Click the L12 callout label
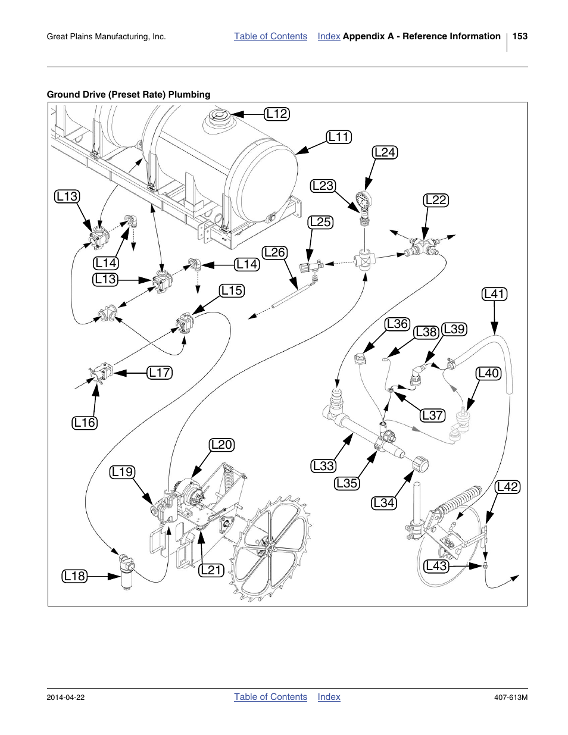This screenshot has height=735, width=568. tap(277, 114)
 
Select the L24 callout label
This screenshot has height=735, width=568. tap(385, 152)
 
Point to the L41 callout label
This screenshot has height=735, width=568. tap(494, 294)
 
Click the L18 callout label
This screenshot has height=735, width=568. tap(74, 576)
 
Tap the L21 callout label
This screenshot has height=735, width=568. tap(211, 570)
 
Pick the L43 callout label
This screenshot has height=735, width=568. tap(436, 566)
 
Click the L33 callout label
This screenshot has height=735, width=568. tap(323, 466)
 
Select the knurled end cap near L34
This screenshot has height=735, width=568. tap(420, 465)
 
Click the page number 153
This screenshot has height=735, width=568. tap(520, 36)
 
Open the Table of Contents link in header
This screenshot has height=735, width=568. tap(270, 36)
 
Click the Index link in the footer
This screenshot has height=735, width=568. tap(329, 697)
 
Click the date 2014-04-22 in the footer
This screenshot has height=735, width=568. tap(65, 698)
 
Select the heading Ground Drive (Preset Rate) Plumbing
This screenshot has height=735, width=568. tap(129, 94)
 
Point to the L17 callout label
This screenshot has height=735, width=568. tap(160, 373)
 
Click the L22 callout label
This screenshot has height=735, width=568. tap(436, 200)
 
